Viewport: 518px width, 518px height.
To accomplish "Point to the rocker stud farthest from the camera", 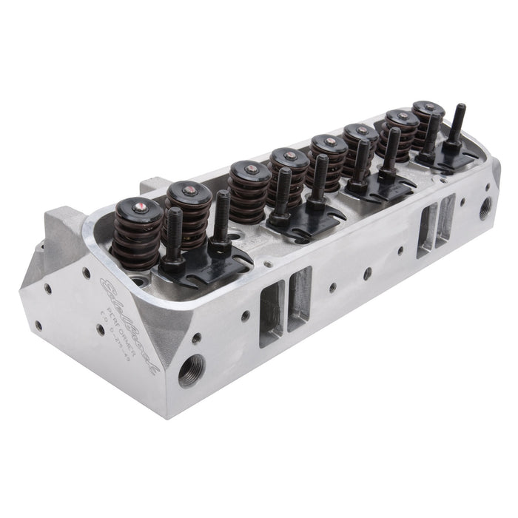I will pos(460,129).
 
